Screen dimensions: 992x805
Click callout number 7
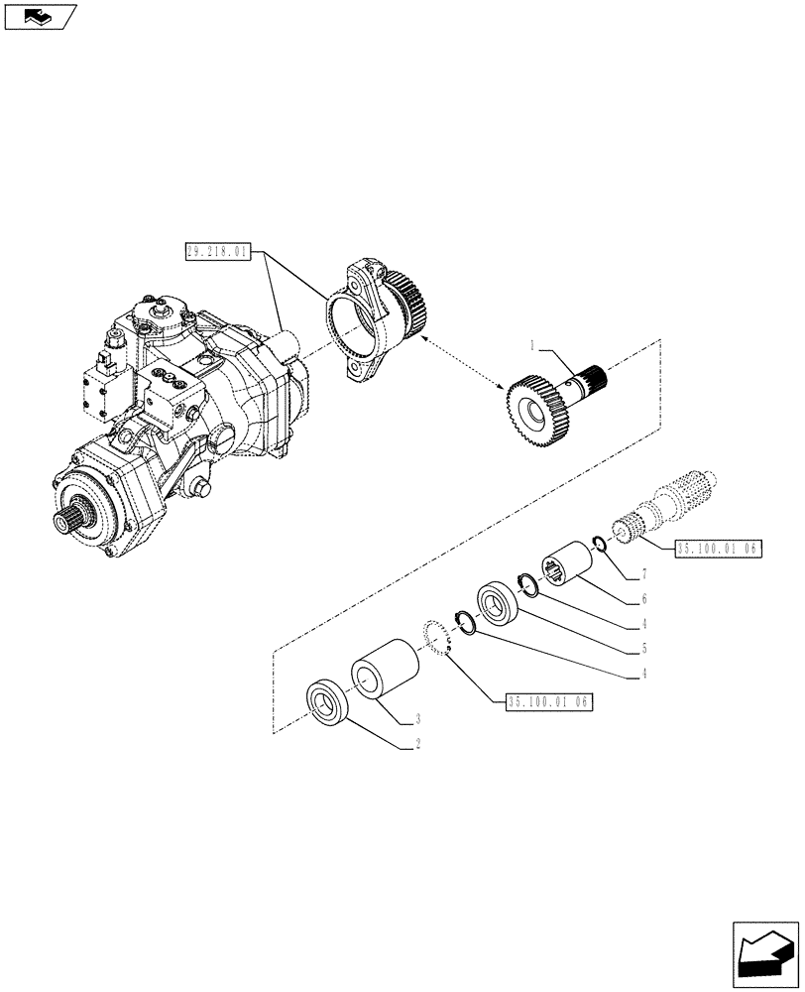pos(643,574)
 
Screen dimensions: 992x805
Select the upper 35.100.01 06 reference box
pos(708,549)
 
